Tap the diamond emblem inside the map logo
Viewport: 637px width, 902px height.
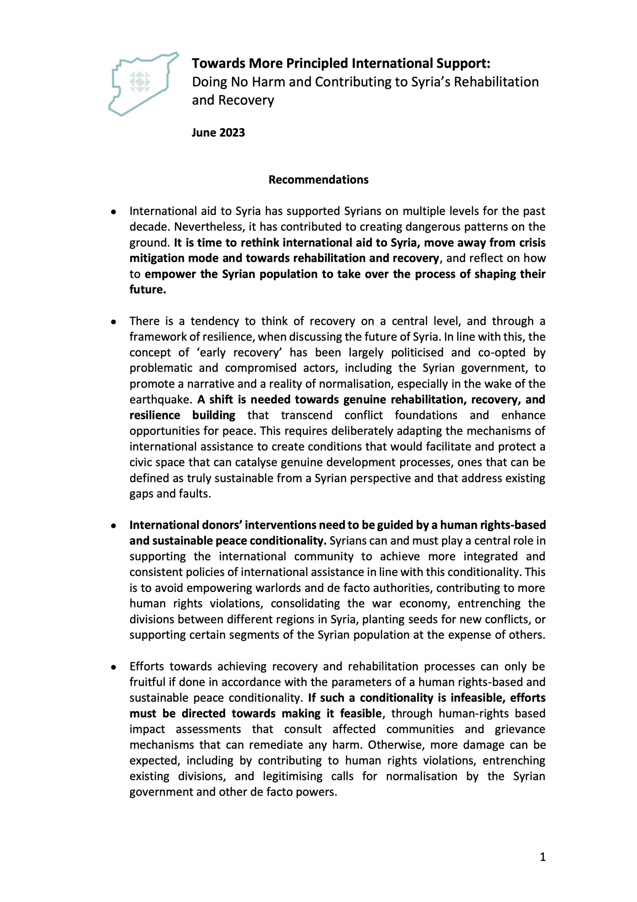point(140,82)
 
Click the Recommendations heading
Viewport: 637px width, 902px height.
point(318,180)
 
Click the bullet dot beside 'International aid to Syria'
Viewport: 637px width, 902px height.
point(113,212)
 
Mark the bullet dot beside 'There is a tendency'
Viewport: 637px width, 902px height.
point(113,322)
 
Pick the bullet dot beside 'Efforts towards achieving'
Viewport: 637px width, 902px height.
point(113,667)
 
